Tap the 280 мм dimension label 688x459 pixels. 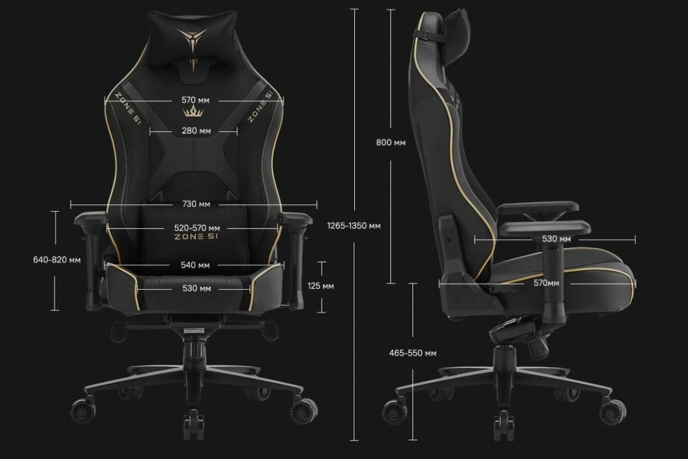196,131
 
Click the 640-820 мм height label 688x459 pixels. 57,259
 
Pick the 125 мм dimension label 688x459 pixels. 320,286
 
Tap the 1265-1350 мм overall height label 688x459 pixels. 354,225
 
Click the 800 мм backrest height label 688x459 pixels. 390,142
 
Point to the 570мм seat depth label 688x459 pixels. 546,283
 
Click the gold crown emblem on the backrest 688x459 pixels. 196,111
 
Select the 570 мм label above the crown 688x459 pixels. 196,100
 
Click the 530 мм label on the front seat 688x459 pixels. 196,289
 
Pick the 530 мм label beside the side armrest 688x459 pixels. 556,239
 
